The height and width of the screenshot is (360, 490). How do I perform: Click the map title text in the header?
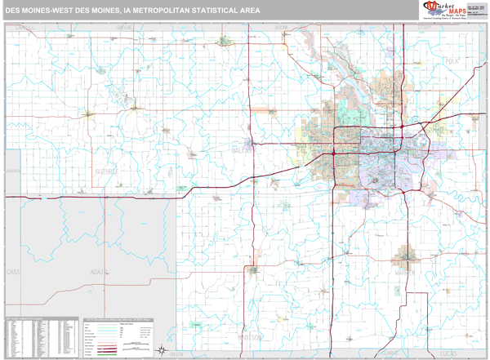[133, 11]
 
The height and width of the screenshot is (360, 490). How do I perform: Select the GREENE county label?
[124, 27]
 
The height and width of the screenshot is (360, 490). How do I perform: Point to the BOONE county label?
[282, 27]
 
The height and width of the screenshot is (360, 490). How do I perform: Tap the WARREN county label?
[407, 272]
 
